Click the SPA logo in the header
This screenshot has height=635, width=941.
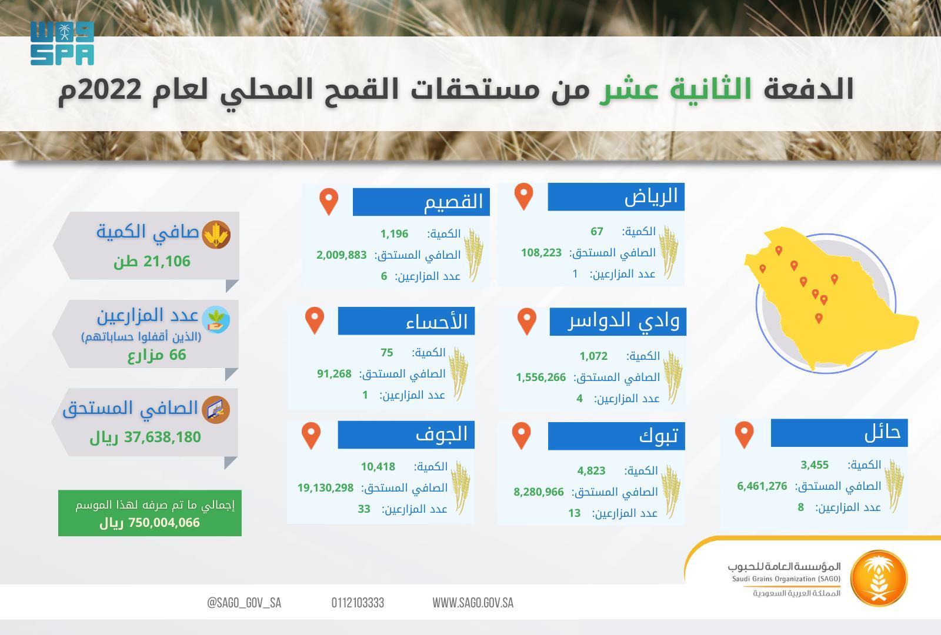62,44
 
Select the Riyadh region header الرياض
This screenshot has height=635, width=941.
616,196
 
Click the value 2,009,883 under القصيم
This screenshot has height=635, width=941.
341,255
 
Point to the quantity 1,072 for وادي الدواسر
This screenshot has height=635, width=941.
593,356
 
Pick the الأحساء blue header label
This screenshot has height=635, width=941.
406,321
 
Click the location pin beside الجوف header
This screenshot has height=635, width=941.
311,436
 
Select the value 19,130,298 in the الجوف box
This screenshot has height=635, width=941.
326,488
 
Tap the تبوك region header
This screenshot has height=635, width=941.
616,436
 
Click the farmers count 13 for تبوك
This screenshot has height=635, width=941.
574,513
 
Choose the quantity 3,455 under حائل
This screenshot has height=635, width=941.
814,465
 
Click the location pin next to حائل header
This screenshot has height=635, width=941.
744,435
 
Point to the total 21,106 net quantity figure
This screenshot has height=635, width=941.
166,261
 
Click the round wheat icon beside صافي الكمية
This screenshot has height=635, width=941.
216,235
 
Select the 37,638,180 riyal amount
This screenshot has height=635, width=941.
162,437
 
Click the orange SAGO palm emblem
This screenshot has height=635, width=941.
879,579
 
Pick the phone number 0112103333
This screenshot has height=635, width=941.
358,603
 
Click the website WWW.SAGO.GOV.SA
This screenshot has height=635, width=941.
473,603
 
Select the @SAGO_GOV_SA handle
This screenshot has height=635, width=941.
244,603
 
